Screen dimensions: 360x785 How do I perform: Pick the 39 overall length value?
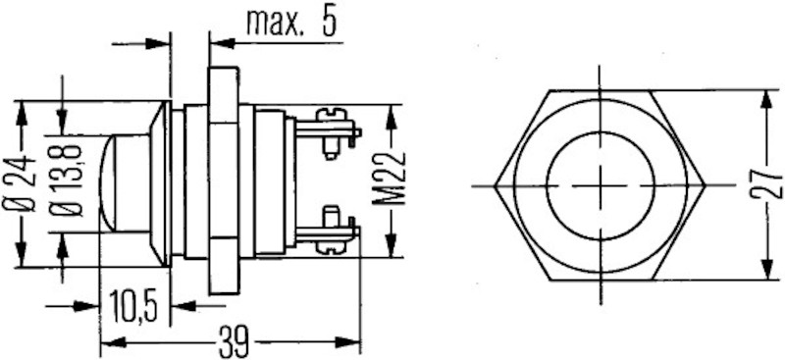[x=232, y=343]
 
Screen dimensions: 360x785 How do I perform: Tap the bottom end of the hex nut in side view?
[x=224, y=292]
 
